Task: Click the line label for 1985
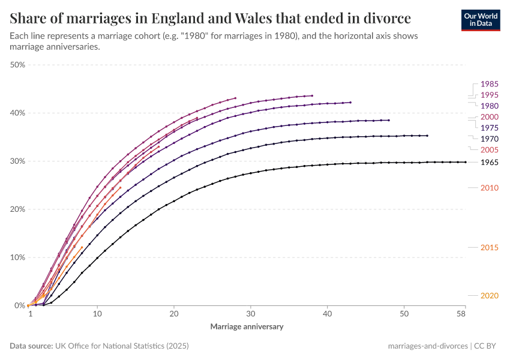point(489,84)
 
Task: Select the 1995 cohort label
point(489,95)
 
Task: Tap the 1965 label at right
point(489,163)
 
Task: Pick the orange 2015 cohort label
point(489,248)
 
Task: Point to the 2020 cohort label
point(489,295)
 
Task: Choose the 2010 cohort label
point(489,188)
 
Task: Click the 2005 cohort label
point(489,149)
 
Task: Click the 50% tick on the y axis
point(16,65)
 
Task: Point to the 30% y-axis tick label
point(16,161)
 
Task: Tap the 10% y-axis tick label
point(16,257)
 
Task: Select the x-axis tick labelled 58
point(461,314)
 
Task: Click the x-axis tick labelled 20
point(173,314)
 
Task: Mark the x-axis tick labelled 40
point(327,314)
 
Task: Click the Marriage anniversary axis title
point(247,327)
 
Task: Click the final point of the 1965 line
point(466,162)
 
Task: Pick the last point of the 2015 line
point(82,247)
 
